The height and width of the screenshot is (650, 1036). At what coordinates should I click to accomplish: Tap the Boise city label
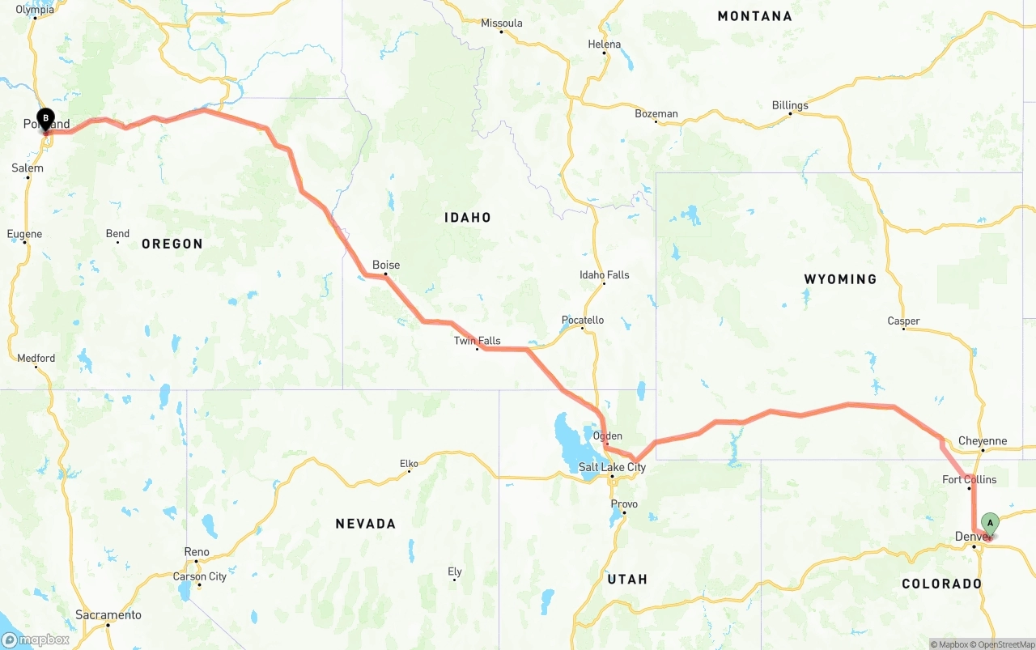(x=386, y=265)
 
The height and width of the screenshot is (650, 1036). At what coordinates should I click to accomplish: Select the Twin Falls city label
(x=477, y=341)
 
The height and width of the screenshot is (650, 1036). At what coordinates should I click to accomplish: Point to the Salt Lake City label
(x=612, y=467)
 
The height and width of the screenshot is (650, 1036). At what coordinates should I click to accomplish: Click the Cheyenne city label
(x=983, y=441)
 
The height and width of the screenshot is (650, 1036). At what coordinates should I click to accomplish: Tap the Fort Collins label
(x=969, y=480)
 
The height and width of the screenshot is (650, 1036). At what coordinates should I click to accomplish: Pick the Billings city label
(x=789, y=105)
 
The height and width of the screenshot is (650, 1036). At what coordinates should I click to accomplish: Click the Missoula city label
(x=501, y=23)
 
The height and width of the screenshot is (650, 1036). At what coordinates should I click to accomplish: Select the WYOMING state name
(x=840, y=279)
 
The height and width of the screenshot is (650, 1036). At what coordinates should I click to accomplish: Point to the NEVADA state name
(x=366, y=525)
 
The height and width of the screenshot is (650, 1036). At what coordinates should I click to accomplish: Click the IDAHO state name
(x=468, y=218)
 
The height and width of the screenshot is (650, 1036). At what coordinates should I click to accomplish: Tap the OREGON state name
(x=172, y=244)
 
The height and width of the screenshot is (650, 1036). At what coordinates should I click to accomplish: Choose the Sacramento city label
(x=108, y=615)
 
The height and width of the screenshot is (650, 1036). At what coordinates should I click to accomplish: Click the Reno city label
(x=197, y=552)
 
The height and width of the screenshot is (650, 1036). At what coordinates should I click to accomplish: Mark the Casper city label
(x=903, y=321)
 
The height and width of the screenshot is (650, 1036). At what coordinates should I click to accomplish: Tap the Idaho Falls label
(x=604, y=275)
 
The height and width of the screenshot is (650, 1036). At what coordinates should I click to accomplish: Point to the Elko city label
(x=409, y=464)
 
